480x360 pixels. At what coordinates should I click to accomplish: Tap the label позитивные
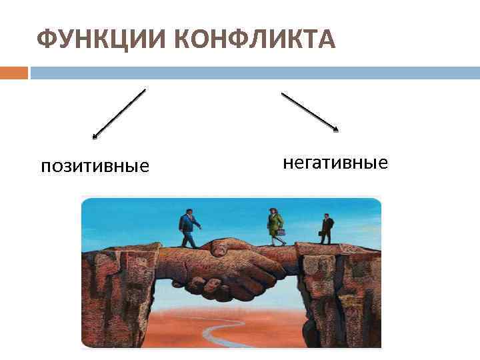tap(95, 165)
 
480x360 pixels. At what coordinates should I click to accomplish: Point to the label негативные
tap(335, 162)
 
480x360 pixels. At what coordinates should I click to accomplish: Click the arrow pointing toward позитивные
tap(119, 114)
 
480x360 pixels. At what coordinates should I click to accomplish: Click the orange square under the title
tap(13, 72)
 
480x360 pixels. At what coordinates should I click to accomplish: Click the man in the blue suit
tap(189, 229)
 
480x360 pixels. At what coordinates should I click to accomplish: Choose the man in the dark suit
tap(326, 229)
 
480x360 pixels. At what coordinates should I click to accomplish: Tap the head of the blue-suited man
tap(187, 213)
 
